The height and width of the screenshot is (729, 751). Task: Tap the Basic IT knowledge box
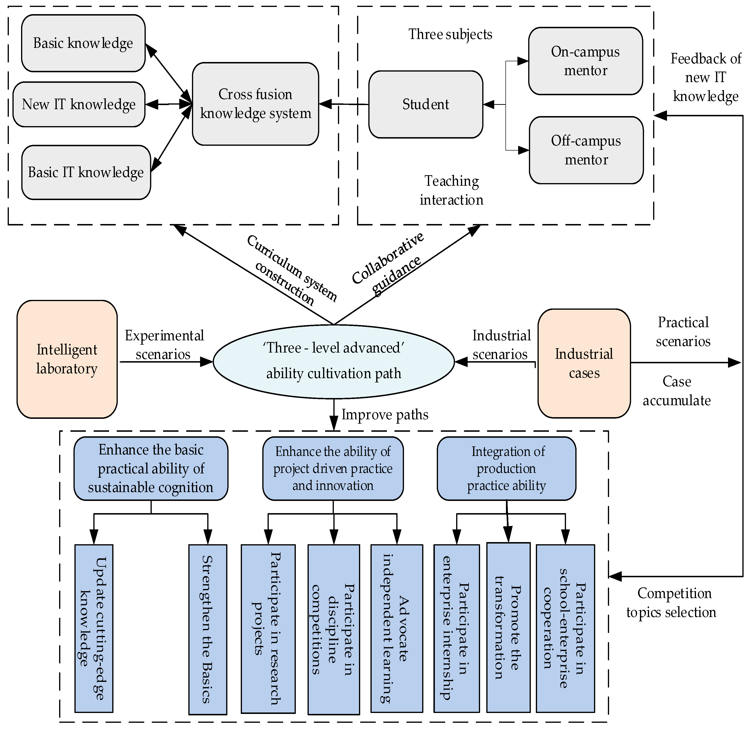click(x=86, y=172)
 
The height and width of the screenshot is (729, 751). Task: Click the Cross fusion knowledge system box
click(x=255, y=104)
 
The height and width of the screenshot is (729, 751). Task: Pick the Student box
click(x=425, y=104)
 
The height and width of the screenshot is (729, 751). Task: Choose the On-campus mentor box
click(x=585, y=61)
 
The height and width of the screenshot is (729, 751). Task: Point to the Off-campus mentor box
click(x=586, y=150)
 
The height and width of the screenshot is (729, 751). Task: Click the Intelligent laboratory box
click(x=67, y=359)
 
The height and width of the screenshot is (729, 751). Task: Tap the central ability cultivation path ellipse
click(x=333, y=361)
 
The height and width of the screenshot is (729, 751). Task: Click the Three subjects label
click(x=450, y=34)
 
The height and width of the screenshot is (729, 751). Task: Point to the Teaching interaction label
click(x=451, y=191)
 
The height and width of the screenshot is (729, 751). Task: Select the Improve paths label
click(x=385, y=415)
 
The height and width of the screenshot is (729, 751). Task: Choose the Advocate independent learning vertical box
click(x=397, y=628)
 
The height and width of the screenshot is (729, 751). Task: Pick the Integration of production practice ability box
click(x=506, y=469)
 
